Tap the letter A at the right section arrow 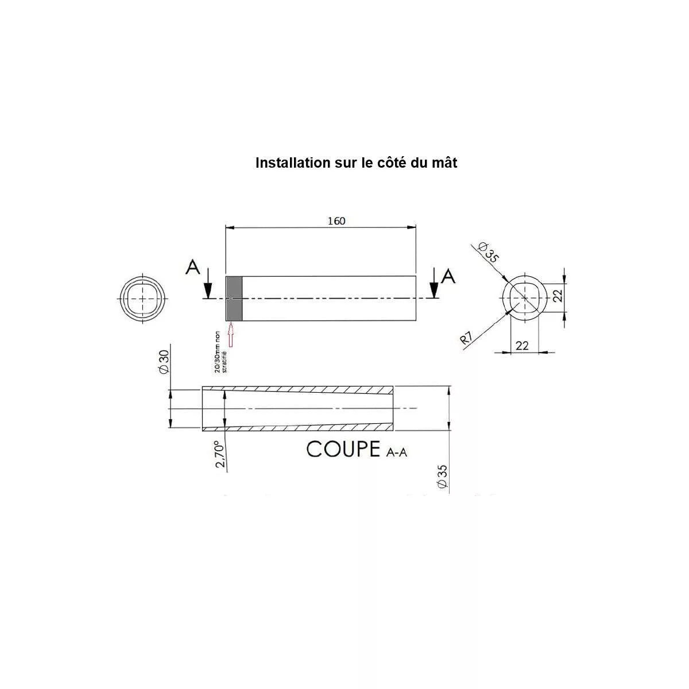[448, 276]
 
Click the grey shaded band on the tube [234, 298]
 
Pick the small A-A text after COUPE [397, 452]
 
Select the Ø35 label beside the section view [442, 477]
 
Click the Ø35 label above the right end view [489, 252]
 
